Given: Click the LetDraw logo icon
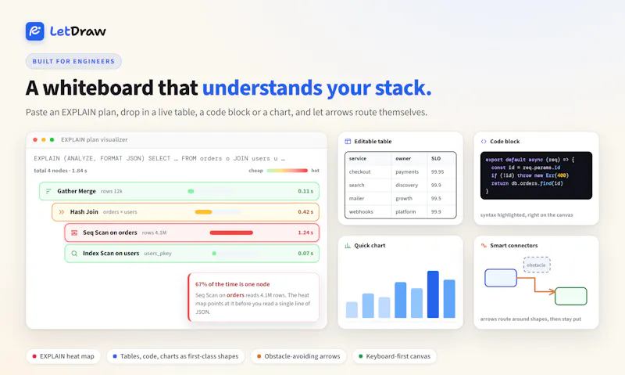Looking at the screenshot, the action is [34, 31].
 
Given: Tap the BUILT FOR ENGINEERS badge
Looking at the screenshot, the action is [73, 61].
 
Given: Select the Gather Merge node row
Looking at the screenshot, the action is [179, 191].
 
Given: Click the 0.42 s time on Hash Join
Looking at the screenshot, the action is [305, 211].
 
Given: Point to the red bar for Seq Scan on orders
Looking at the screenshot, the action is [231, 233].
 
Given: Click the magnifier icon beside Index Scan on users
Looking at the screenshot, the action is [74, 253].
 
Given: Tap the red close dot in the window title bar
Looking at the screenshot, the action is [35, 140].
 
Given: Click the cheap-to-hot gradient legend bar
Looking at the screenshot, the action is [287, 171].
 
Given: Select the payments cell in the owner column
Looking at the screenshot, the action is [407, 171].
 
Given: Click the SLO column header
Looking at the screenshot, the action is [436, 159].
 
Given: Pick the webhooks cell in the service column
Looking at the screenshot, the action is [361, 211].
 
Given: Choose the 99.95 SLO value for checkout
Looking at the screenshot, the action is [437, 171].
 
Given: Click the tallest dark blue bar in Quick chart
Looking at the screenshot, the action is [433, 294].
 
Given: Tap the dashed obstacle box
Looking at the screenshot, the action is [537, 265].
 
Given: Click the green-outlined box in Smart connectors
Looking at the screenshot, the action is [571, 296].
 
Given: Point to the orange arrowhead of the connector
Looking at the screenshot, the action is [552, 292].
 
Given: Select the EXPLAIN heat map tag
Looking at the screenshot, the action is [63, 356].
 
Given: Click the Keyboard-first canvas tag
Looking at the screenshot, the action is [395, 356].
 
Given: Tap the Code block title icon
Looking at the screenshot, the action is [484, 142].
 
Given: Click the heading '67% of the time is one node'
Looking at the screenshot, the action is [232, 284].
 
